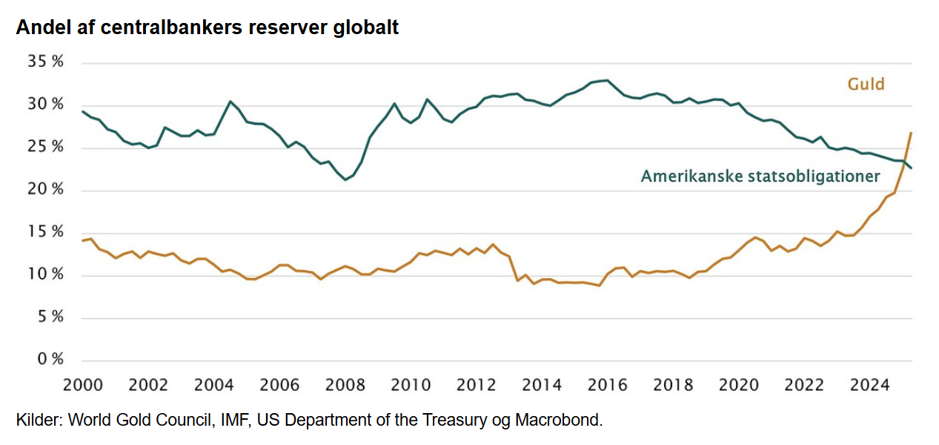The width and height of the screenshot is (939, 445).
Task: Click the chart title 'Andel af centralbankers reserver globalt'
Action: (x=208, y=27)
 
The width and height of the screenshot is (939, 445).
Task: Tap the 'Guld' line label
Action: (x=866, y=84)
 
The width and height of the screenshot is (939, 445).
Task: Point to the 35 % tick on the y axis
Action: (x=46, y=62)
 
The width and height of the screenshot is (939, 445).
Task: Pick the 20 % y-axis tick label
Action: (x=46, y=191)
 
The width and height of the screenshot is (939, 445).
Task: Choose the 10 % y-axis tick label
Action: (x=46, y=275)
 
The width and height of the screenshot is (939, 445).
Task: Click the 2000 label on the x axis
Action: (x=82, y=386)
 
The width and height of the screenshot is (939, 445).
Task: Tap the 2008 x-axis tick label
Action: (x=345, y=386)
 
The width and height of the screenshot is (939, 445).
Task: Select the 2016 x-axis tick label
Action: (x=607, y=386)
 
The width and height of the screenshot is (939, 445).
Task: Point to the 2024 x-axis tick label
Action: (x=870, y=386)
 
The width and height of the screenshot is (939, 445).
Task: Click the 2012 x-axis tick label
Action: (x=476, y=386)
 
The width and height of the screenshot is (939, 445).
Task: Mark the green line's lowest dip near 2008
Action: (x=345, y=179)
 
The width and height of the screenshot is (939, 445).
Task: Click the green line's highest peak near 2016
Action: (x=607, y=80)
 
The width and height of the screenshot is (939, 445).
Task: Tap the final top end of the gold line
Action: (x=911, y=133)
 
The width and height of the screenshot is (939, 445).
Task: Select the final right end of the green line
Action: (x=911, y=168)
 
